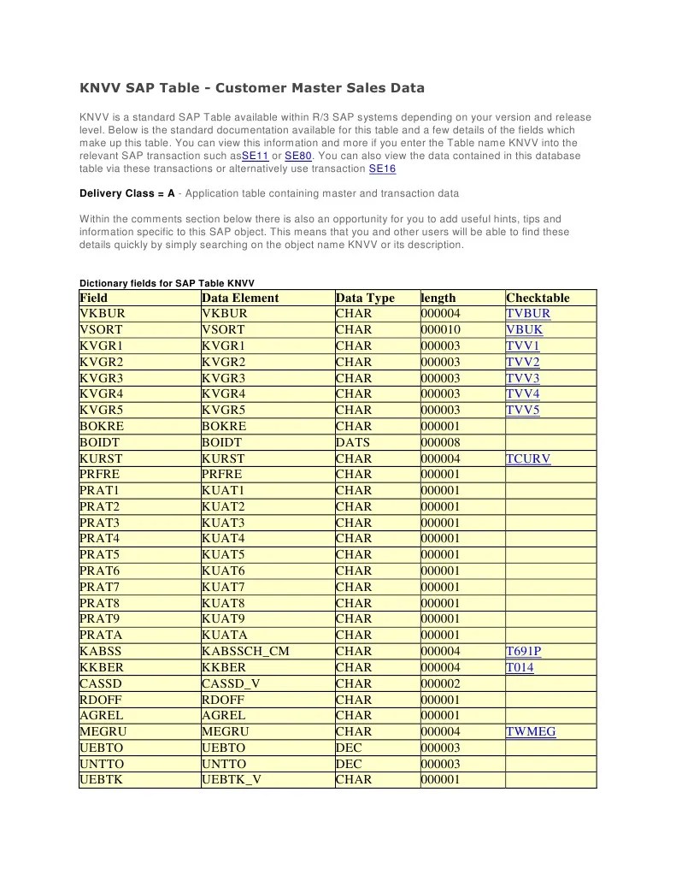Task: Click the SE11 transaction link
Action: pyautogui.click(x=256, y=156)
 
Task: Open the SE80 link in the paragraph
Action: pyautogui.click(x=297, y=156)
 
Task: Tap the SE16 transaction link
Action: pyautogui.click(x=382, y=168)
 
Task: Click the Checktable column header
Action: pyautogui.click(x=538, y=298)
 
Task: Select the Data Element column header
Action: pyautogui.click(x=240, y=298)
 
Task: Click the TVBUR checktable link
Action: pyautogui.click(x=528, y=314)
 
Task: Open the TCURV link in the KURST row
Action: pyautogui.click(x=528, y=458)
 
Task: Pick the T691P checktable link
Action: pyautogui.click(x=523, y=651)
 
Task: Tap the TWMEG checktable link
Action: pyautogui.click(x=531, y=731)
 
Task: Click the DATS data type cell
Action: pyautogui.click(x=353, y=442)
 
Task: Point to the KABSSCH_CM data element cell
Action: pyautogui.click(x=245, y=651)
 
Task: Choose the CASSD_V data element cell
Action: pyautogui.click(x=233, y=683)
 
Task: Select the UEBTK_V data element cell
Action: pyautogui.click(x=232, y=779)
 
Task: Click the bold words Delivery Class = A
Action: pyautogui.click(x=126, y=193)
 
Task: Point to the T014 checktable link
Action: pyautogui.click(x=520, y=667)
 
